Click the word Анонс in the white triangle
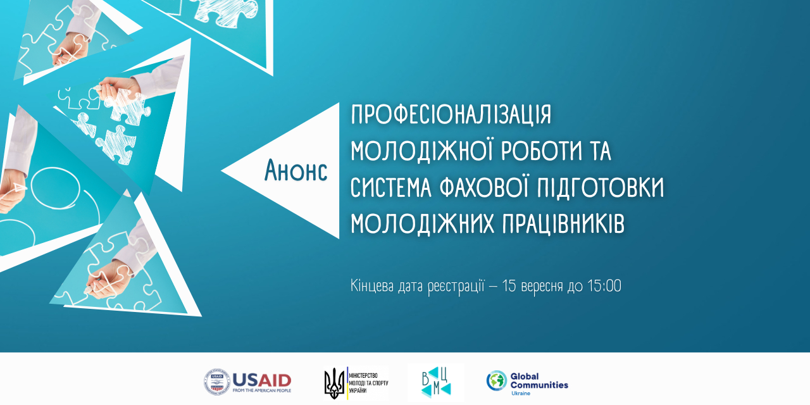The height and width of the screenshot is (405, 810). point(296,170)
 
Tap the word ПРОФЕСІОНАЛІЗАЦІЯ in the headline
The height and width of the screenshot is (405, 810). point(451,115)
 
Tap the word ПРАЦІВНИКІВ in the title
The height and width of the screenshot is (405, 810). point(563,223)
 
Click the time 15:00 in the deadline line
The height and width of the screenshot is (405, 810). point(604,285)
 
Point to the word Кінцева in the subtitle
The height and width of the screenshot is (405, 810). point(371,286)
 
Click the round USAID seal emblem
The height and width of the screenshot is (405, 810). point(217,382)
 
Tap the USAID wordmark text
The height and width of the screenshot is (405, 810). point(262,380)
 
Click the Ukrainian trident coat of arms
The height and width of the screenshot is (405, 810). point(335,383)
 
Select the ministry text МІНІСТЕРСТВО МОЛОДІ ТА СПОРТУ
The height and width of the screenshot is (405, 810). point(368,383)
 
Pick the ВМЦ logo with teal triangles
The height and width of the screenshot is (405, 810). point(436,383)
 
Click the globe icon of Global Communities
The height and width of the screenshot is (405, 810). point(497,380)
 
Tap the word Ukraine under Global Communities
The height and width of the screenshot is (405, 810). point(520,394)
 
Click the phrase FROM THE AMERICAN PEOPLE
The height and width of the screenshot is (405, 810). point(262,390)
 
